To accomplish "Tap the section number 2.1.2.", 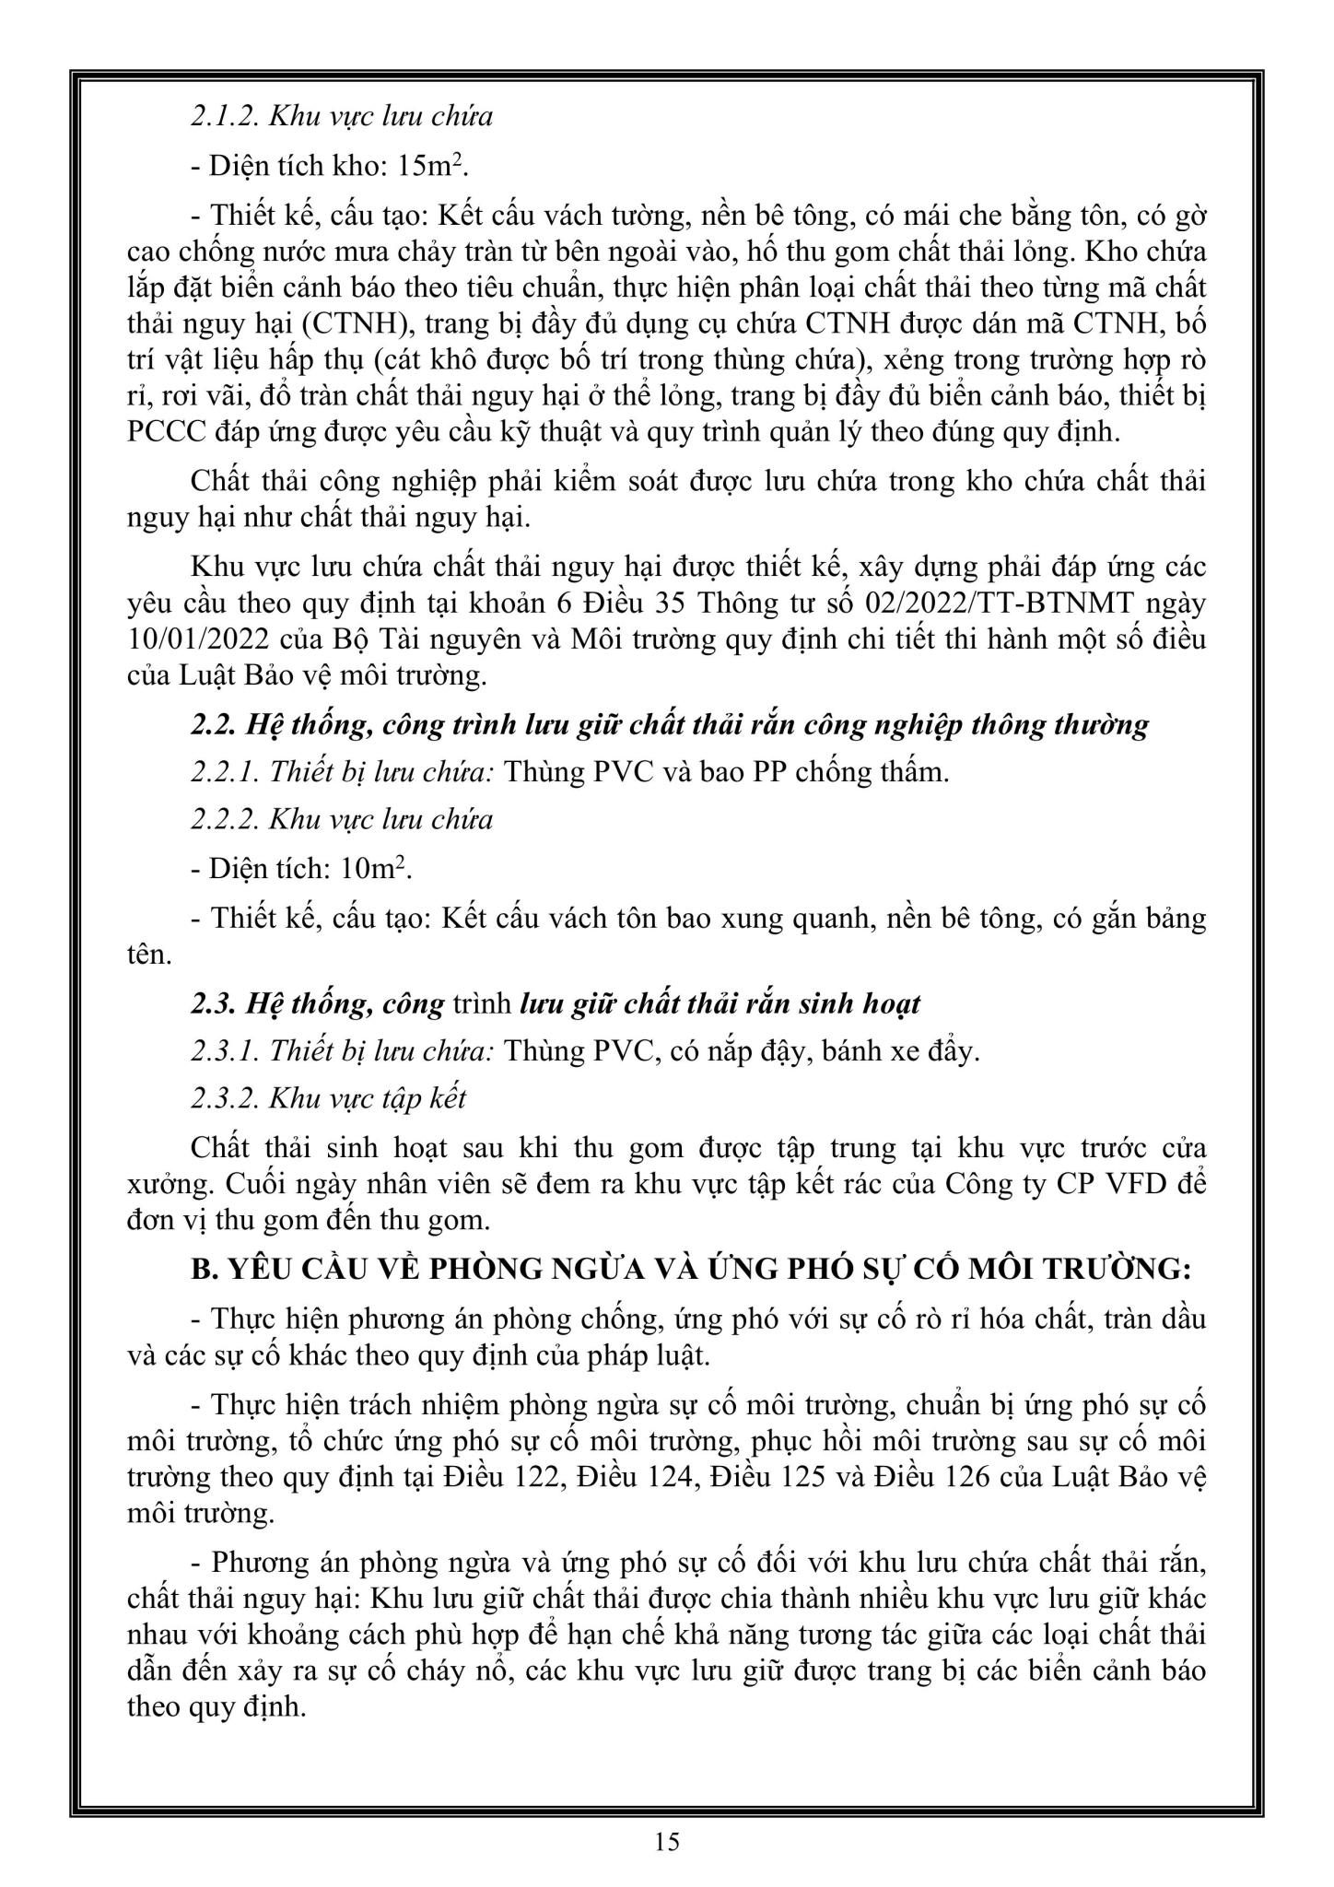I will (223, 116).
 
